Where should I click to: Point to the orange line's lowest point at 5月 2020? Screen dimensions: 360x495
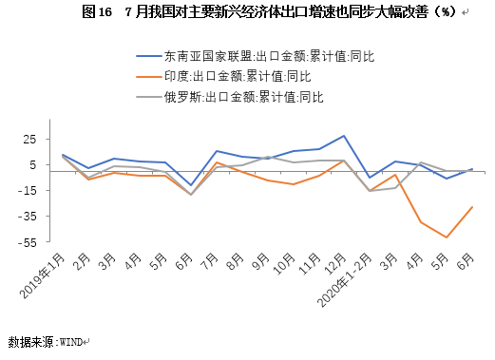pos(447,237)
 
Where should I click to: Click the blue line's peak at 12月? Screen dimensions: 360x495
pos(344,136)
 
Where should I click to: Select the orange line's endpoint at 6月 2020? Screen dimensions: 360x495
pos(472,207)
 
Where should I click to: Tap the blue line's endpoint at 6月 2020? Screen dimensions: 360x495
pos(472,169)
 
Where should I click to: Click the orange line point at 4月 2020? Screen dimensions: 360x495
pos(421,222)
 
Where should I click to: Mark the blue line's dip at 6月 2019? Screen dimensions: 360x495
pos(190,185)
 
